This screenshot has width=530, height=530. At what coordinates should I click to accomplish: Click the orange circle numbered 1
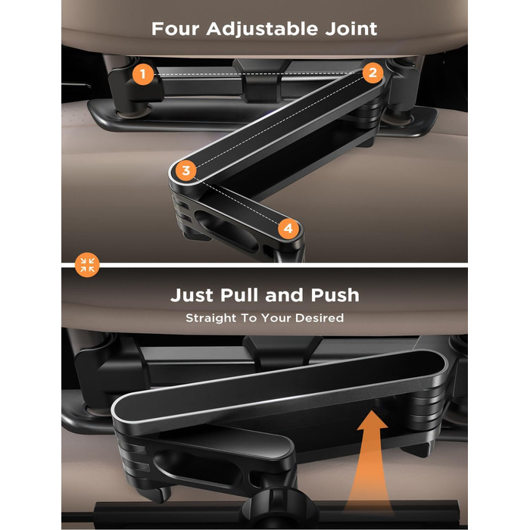pyautogui.click(x=143, y=73)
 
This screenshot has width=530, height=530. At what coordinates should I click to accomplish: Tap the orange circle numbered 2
pyautogui.click(x=373, y=73)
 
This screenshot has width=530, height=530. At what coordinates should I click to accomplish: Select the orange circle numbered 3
pyautogui.click(x=186, y=170)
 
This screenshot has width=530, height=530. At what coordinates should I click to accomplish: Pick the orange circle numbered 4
pyautogui.click(x=288, y=229)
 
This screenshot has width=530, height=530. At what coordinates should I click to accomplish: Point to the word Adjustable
pyautogui.click(x=262, y=30)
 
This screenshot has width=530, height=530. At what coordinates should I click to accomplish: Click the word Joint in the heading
pyautogui.click(x=351, y=29)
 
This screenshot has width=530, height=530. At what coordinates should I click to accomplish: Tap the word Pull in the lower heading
pyautogui.click(x=240, y=295)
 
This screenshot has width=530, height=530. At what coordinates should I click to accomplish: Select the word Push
pyautogui.click(x=335, y=295)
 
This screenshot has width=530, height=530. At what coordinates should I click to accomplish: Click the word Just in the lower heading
pyautogui.click(x=192, y=295)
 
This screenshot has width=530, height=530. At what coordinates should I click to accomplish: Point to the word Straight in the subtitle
pyautogui.click(x=211, y=318)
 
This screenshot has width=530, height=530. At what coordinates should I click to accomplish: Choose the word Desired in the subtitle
pyautogui.click(x=320, y=318)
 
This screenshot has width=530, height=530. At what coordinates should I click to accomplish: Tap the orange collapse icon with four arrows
pyautogui.click(x=87, y=265)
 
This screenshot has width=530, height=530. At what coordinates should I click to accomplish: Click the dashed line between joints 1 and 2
pyautogui.click(x=258, y=73)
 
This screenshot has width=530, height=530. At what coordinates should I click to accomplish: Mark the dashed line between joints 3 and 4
pyautogui.click(x=237, y=200)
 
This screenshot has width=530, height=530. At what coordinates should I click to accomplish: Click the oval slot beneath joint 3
pyautogui.click(x=226, y=230)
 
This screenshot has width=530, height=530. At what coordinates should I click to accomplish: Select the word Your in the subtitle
pyautogui.click(x=276, y=318)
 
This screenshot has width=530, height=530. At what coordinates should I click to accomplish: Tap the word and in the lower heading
pyautogui.click(x=285, y=295)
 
